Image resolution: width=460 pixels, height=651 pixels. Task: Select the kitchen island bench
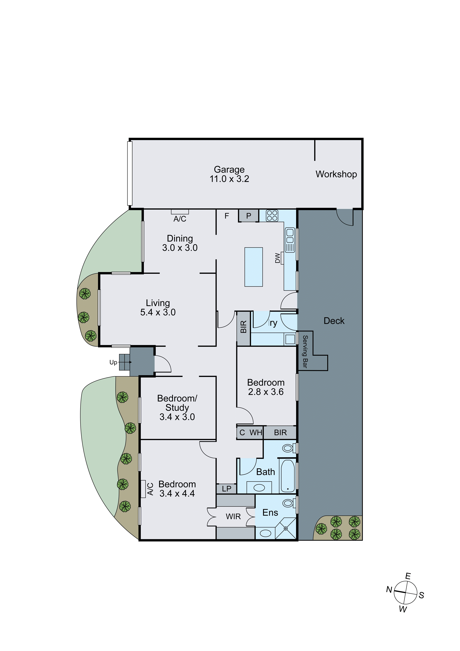(253, 267)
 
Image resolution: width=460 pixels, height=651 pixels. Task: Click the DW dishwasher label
(278, 258)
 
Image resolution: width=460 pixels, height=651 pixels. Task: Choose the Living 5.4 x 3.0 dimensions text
(158, 312)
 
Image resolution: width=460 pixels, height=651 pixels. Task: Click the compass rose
(405, 593)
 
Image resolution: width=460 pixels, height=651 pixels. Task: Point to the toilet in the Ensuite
(288, 503)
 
